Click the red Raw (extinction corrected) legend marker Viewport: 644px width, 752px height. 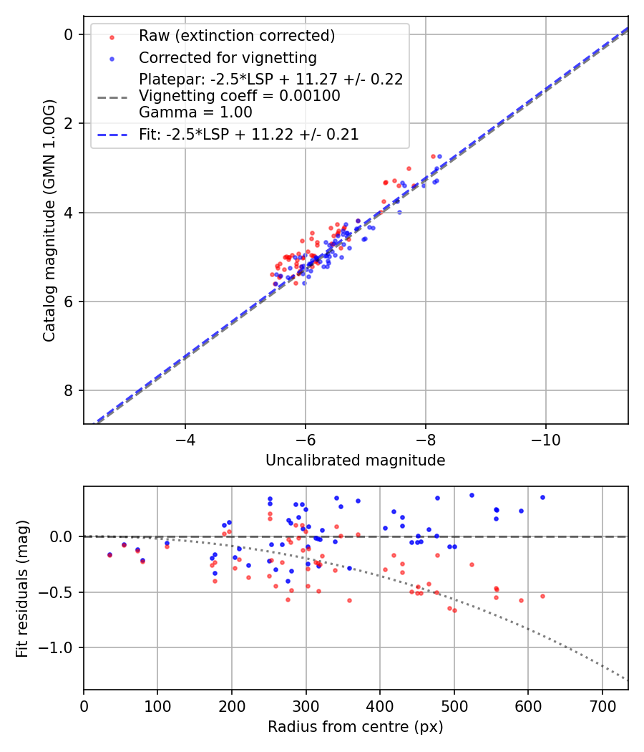pyautogui.click(x=112, y=37)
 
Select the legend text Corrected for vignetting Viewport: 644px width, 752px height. pyautogui.click(x=228, y=57)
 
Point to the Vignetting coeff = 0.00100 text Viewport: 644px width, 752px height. pyautogui.click(x=239, y=96)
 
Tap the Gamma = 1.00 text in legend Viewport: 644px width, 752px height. pyautogui.click(x=195, y=112)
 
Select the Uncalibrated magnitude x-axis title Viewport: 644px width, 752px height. pyautogui.click(x=355, y=461)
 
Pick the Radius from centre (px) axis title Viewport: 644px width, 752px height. pyautogui.click(x=355, y=727)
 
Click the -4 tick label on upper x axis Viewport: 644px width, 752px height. pyautogui.click(x=185, y=437)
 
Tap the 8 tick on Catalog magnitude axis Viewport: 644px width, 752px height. pyautogui.click(x=69, y=390)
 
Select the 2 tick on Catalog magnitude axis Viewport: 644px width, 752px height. pyautogui.click(x=69, y=123)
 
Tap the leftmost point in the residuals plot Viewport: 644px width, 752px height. pyautogui.click(x=109, y=554)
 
